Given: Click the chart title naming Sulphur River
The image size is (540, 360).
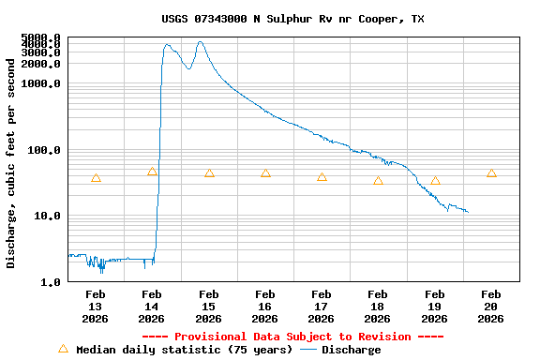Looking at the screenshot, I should click(292, 19).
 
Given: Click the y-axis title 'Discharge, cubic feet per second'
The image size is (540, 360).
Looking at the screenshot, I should click(11, 163).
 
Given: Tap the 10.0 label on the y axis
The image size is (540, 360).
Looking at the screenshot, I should click(49, 216).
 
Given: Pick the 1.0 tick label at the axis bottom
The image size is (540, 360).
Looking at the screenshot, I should click(52, 281).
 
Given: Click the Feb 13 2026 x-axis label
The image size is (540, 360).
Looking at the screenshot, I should click(96, 306).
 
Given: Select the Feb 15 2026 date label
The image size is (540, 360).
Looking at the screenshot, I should click(209, 306).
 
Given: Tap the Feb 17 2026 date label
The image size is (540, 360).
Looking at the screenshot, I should click(322, 306).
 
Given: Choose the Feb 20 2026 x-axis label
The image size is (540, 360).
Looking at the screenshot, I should click(490, 306).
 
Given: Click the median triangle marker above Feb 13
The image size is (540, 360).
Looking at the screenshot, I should click(96, 178).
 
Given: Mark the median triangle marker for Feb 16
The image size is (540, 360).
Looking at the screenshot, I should click(265, 173).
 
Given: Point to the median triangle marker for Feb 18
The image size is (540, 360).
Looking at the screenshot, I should click(378, 181).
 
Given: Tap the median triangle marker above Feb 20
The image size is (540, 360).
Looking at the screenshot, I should click(491, 173).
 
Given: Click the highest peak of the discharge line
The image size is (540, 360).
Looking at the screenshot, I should click(200, 42).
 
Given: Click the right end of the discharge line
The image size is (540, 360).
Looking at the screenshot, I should click(467, 212).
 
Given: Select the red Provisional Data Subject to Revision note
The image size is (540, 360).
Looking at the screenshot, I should click(292, 337).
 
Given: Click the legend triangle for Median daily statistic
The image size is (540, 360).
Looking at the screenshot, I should click(63, 349).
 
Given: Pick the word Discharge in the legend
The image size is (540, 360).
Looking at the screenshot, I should click(352, 350).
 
